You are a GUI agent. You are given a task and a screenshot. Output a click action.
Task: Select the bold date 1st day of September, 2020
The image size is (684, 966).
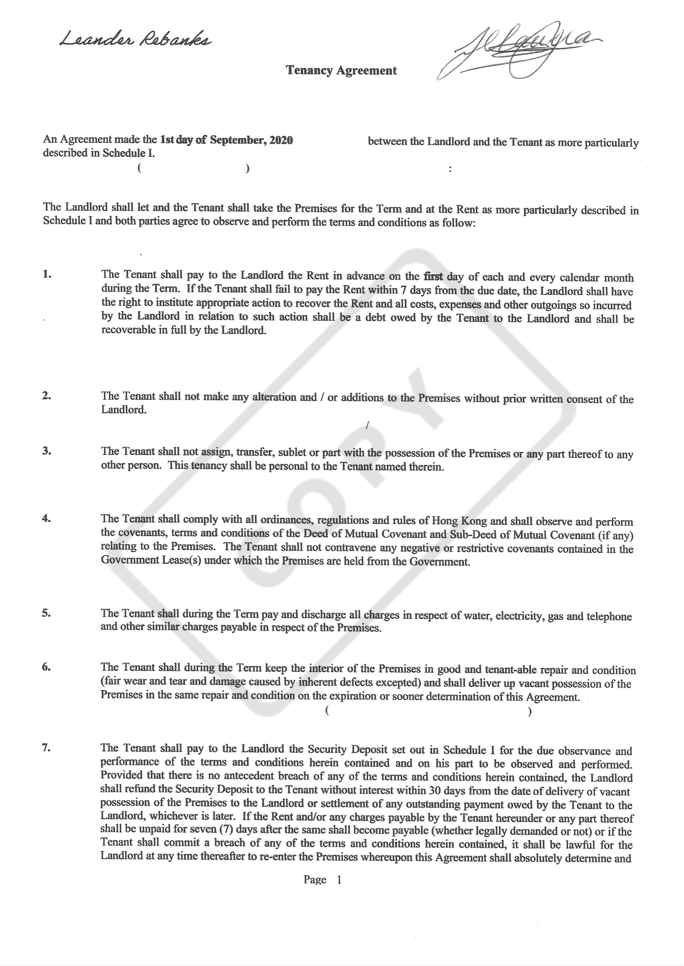tap(227, 140)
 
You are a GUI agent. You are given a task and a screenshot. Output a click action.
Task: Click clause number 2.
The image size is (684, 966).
tap(47, 396)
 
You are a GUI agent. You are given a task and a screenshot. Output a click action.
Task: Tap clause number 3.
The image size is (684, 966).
tap(47, 451)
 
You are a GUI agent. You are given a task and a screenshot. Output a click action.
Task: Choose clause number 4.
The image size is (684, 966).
tap(47, 518)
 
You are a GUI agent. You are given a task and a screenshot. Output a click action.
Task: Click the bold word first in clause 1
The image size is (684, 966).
tap(433, 277)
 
